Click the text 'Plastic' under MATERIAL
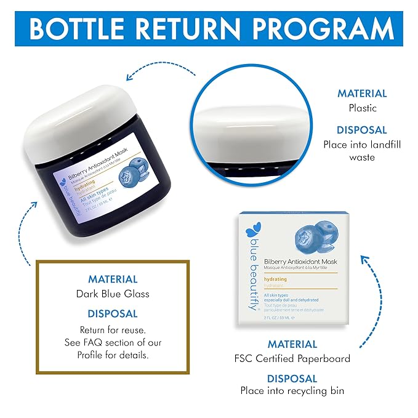[362, 107]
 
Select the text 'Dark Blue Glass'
[113, 294]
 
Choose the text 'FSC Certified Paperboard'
[292, 358]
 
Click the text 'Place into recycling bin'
[292, 390]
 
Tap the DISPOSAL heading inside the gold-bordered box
[113, 313]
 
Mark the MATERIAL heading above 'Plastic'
[362, 94]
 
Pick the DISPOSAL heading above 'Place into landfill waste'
[362, 131]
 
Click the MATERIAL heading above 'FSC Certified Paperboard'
[292, 344]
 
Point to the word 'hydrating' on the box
[275, 279]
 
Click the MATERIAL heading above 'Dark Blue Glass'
[113, 279]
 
